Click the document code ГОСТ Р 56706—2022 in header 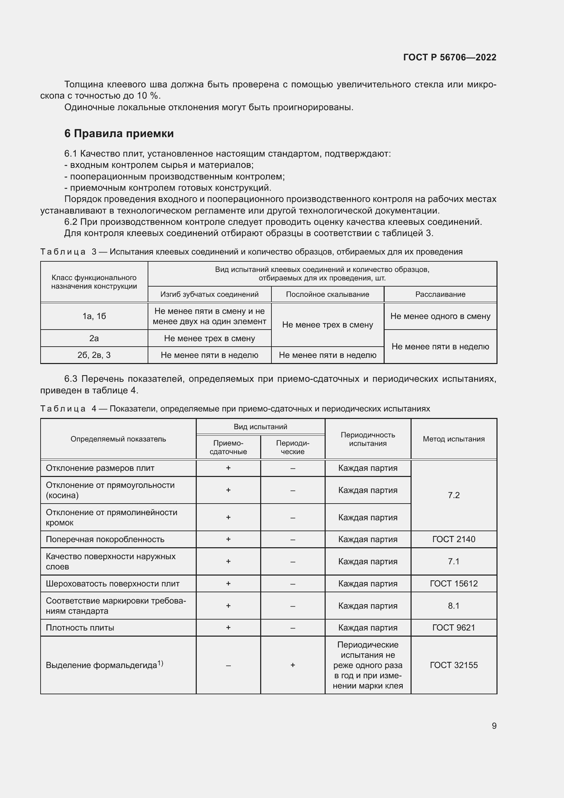click(x=449, y=57)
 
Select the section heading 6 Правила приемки click(x=119, y=133)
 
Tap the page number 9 click(x=494, y=726)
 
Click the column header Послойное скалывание click(x=327, y=294)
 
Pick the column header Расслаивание click(x=440, y=294)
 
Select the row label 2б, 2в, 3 click(x=94, y=355)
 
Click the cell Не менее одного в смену click(x=440, y=316)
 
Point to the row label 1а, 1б click(x=94, y=316)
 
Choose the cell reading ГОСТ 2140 click(x=454, y=539)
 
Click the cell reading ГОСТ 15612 click(x=454, y=583)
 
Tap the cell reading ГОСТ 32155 click(x=454, y=665)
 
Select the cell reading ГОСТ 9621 click(x=454, y=627)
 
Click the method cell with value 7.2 click(x=454, y=495)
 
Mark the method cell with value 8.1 click(x=454, y=606)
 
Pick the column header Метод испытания click(x=454, y=439)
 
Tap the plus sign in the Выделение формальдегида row click(x=293, y=665)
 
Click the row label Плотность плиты click(x=80, y=628)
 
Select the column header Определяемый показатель click(x=118, y=439)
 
